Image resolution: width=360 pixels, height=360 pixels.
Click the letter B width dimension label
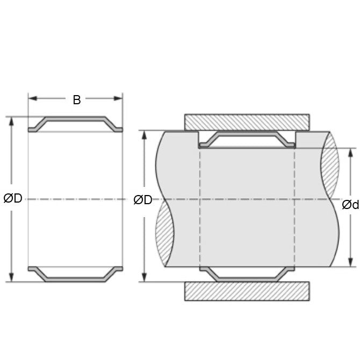(x=77, y=99)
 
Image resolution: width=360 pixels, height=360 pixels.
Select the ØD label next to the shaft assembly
(x=143, y=200)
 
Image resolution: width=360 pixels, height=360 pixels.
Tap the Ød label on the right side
(x=350, y=205)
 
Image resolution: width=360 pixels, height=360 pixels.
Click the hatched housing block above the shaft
(x=247, y=121)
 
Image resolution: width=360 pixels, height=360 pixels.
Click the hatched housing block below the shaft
(x=247, y=291)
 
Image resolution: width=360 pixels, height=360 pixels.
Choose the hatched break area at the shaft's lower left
(x=165, y=236)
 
